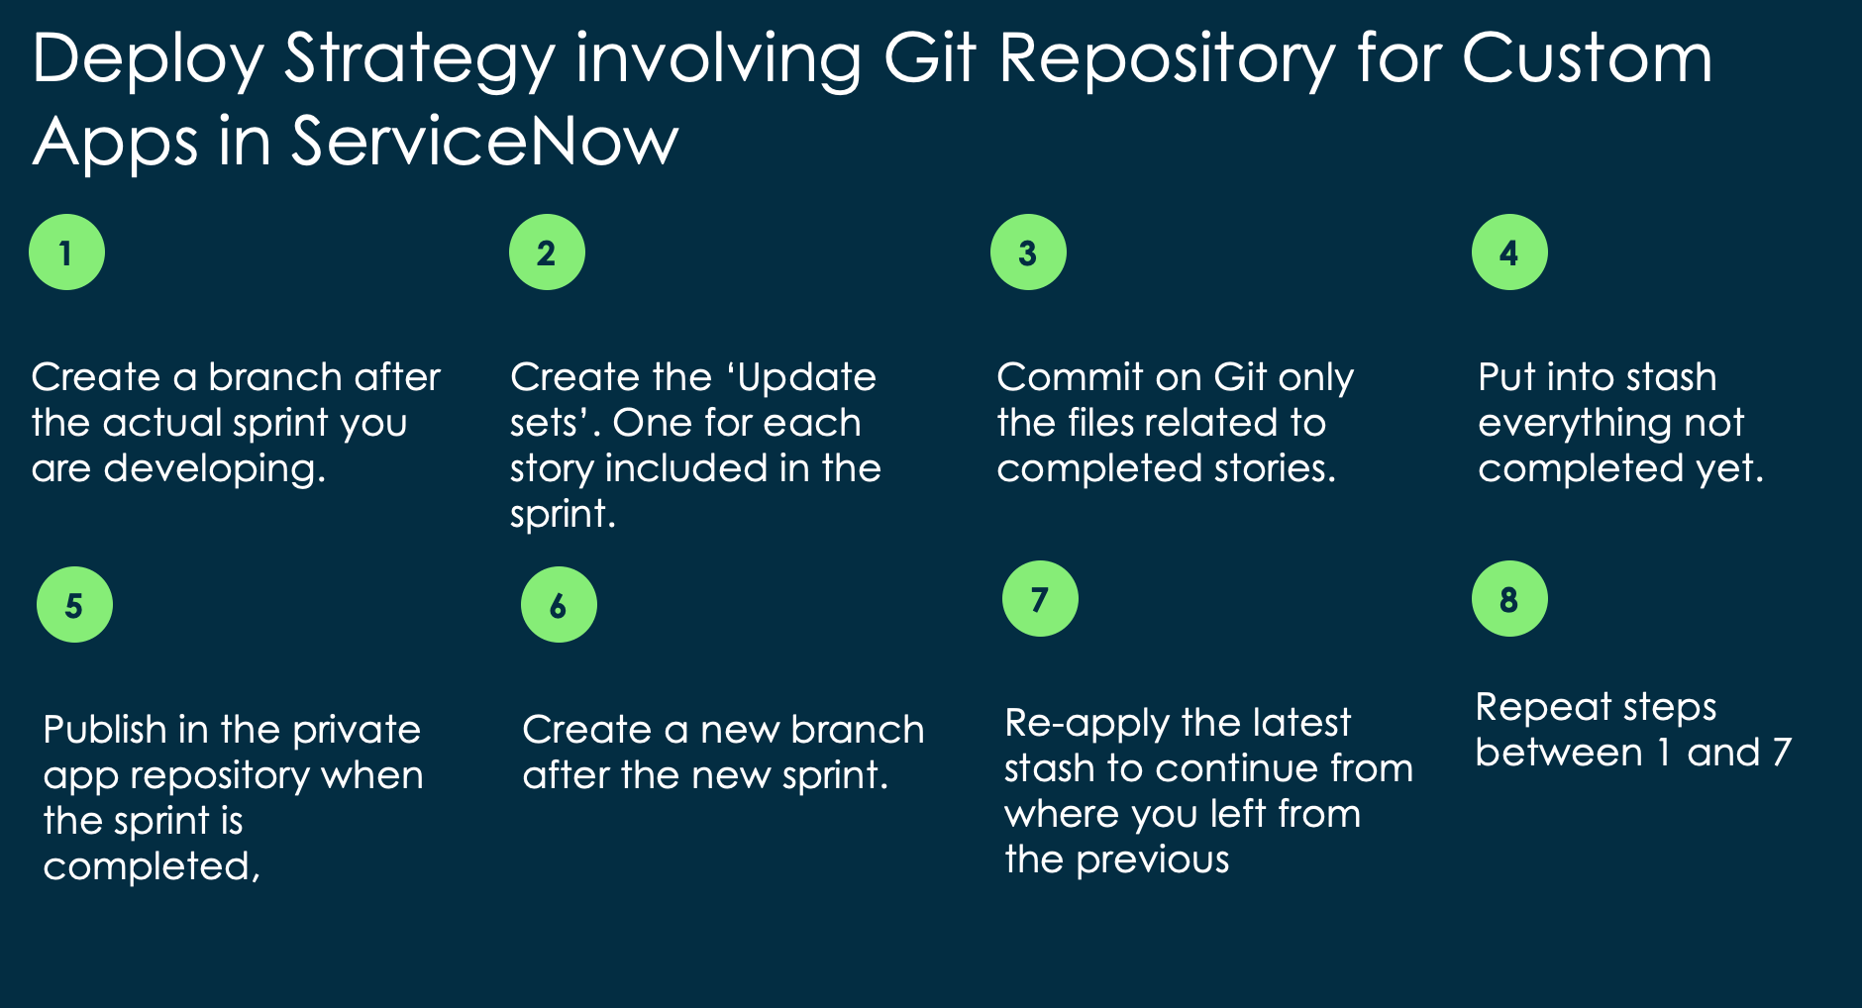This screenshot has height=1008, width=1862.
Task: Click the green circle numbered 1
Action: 66,252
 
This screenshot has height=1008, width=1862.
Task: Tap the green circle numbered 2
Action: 547,252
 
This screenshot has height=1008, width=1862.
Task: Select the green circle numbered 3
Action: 1028,252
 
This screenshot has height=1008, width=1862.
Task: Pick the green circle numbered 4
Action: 1509,252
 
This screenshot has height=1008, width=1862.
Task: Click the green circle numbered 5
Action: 74,605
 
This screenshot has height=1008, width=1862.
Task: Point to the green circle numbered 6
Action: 559,605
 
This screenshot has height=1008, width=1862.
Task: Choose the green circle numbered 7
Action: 1040,599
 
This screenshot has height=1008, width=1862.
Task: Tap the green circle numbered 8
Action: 1509,599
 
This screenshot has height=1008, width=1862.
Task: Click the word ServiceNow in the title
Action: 484,141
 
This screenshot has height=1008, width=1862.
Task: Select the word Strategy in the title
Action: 420,59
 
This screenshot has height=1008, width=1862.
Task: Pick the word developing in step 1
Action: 214,468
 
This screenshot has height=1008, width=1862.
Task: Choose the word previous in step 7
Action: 1153,859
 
